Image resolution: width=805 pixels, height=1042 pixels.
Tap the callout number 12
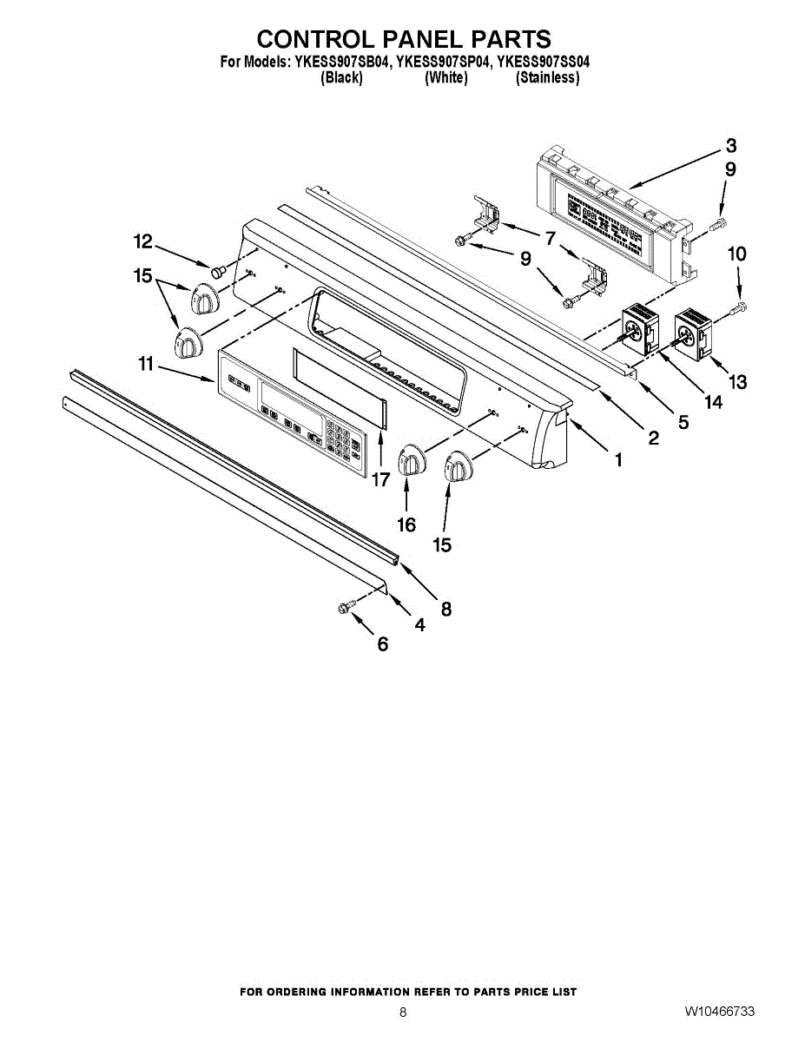[x=142, y=241]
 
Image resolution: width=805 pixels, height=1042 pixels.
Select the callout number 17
[x=381, y=478]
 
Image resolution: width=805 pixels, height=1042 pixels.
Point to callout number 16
[x=406, y=524]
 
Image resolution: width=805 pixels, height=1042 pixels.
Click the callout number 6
[x=382, y=644]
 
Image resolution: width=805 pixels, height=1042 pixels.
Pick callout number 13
[x=737, y=380]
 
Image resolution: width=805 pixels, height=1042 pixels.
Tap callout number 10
[x=736, y=254]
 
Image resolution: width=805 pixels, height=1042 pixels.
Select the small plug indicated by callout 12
[x=218, y=272]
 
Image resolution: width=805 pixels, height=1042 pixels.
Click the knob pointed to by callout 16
[x=410, y=460]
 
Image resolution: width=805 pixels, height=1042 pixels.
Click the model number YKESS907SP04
[x=443, y=63]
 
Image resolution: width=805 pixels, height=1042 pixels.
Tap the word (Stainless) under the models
[x=547, y=78]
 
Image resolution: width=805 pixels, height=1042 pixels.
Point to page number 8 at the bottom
[x=403, y=1012]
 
